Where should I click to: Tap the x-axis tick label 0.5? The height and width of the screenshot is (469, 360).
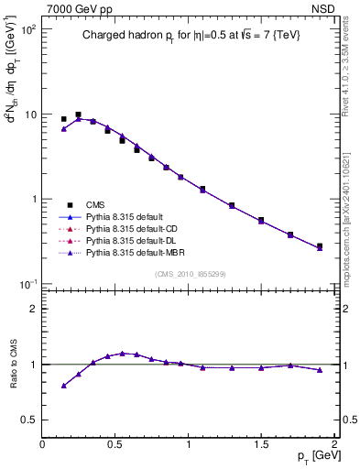click(x=115, y=444)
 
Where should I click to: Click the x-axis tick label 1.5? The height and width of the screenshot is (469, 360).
click(x=261, y=444)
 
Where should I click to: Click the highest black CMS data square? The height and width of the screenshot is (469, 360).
click(x=78, y=115)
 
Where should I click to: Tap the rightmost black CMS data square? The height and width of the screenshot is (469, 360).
click(x=319, y=245)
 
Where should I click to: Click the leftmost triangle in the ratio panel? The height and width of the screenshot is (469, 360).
click(x=63, y=386)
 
